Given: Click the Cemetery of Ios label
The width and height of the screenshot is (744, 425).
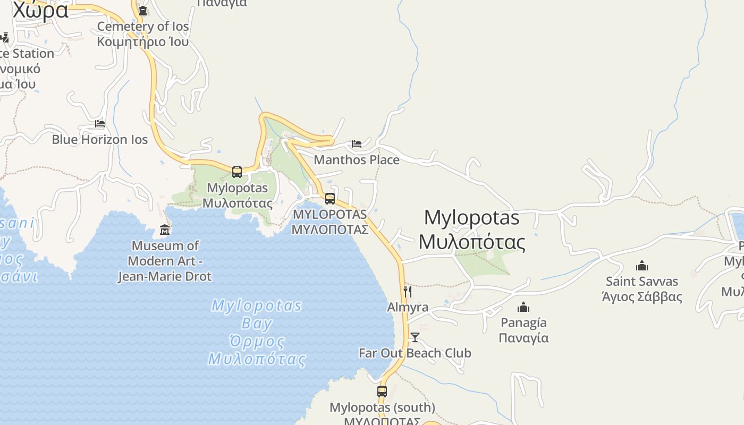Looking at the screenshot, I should pyautogui.click(x=142, y=33).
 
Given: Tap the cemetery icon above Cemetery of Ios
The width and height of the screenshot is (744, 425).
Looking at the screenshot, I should pyautogui.click(x=142, y=10).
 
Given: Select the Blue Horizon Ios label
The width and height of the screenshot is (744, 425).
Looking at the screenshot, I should pyautogui.click(x=100, y=140).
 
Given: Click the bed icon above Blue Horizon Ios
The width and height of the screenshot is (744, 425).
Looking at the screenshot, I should pyautogui.click(x=100, y=124).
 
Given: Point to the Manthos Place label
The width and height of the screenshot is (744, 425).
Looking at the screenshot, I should pyautogui.click(x=357, y=159).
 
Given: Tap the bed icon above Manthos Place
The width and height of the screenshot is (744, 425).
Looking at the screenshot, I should pyautogui.click(x=357, y=143).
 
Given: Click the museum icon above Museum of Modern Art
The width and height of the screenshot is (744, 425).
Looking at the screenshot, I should pyautogui.click(x=165, y=230).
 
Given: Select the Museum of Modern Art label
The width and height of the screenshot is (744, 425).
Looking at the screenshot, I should pyautogui.click(x=165, y=261).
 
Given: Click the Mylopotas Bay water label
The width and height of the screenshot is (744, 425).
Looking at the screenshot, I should pyautogui.click(x=257, y=332).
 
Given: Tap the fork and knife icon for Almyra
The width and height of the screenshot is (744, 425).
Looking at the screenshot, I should pyautogui.click(x=407, y=291).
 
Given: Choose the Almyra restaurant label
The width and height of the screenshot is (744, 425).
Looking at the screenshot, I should pyautogui.click(x=408, y=307).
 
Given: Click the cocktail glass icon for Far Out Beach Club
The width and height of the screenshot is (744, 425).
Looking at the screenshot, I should pyautogui.click(x=415, y=337).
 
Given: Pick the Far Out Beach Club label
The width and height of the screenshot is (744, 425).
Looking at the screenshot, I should pyautogui.click(x=415, y=353).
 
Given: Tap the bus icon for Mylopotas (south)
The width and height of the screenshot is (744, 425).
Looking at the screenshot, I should pyautogui.click(x=382, y=392).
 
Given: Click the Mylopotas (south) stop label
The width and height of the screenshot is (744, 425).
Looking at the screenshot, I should pyautogui.click(x=382, y=407).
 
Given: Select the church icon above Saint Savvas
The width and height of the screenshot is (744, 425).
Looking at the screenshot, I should pyautogui.click(x=642, y=266).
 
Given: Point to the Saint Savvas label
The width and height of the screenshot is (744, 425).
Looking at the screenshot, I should pyautogui.click(x=642, y=288).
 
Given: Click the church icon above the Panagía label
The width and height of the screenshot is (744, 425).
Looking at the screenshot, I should pyautogui.click(x=523, y=307).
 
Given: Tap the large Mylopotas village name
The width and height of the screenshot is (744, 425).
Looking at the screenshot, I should pyautogui.click(x=472, y=229).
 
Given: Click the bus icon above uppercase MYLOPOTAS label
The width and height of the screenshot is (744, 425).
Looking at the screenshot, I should pyautogui.click(x=330, y=199).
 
